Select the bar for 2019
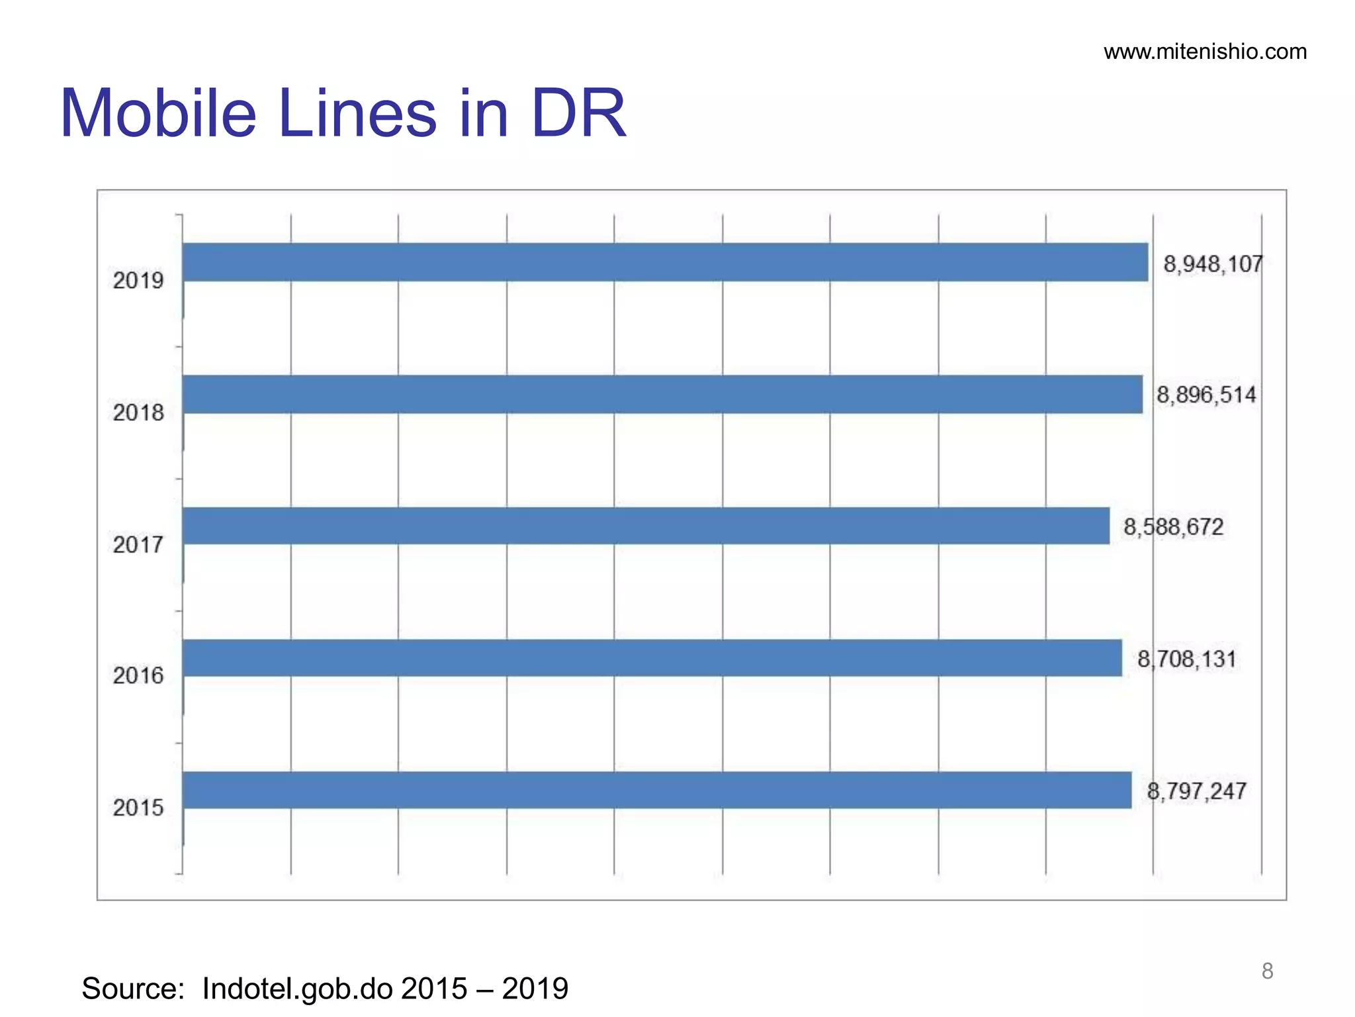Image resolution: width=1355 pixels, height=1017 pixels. pos(665,262)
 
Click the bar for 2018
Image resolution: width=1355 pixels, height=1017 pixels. pos(662,395)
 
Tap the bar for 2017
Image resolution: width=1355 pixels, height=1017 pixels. pos(646,526)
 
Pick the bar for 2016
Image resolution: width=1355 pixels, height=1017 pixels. pos(652,658)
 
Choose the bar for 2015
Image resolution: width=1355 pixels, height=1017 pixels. pos(656,790)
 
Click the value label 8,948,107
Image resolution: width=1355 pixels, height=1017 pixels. pos(1213,264)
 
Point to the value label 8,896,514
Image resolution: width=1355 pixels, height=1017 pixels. pos(1205,395)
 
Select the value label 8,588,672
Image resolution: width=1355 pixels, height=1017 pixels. pos(1173,527)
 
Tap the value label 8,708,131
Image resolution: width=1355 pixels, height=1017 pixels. pos(1186,659)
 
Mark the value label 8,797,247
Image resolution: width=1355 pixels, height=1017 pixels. pos(1196,791)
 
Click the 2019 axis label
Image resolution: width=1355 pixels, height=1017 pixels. pos(138,281)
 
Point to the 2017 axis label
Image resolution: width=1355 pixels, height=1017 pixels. pos(138,545)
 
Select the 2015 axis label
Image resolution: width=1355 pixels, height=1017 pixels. pos(138,808)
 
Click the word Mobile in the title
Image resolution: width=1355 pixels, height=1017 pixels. pos(158,113)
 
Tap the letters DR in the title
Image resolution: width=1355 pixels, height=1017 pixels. pos(578,113)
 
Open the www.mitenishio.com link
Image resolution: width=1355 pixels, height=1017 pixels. pos(1205,52)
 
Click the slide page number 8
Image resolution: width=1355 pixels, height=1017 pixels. pos(1267,971)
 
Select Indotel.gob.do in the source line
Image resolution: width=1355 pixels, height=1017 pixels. pos(297,989)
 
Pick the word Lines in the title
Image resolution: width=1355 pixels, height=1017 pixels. pos(357,113)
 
